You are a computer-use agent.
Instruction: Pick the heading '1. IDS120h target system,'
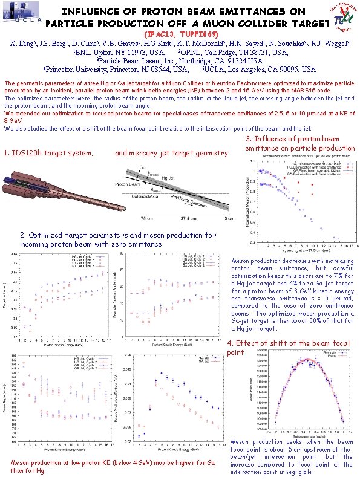[x=49, y=153]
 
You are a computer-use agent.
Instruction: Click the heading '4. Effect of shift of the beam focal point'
[x=288, y=348]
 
